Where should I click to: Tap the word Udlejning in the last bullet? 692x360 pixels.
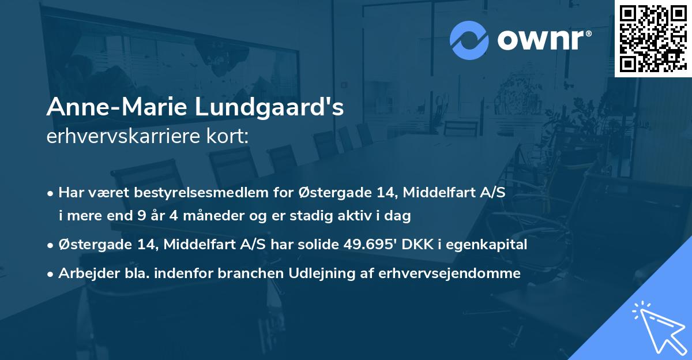[324, 273]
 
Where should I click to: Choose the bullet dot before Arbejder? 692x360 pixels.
[51, 274]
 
